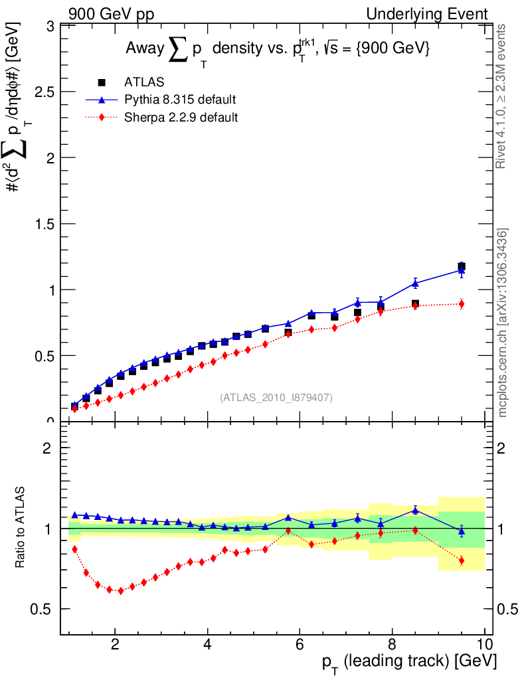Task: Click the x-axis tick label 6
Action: pos(300,645)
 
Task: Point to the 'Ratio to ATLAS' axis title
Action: pos(22,528)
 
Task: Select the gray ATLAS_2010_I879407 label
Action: pos(276,398)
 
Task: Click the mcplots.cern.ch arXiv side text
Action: pos(503,323)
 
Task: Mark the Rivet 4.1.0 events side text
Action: pos(503,97)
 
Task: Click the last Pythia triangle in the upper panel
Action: pos(462,270)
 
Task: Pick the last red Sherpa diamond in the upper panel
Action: pos(462,304)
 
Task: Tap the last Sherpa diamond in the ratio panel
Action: pos(462,560)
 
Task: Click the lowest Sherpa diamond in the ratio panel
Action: pos(121,590)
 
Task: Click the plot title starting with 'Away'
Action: pos(279,48)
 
